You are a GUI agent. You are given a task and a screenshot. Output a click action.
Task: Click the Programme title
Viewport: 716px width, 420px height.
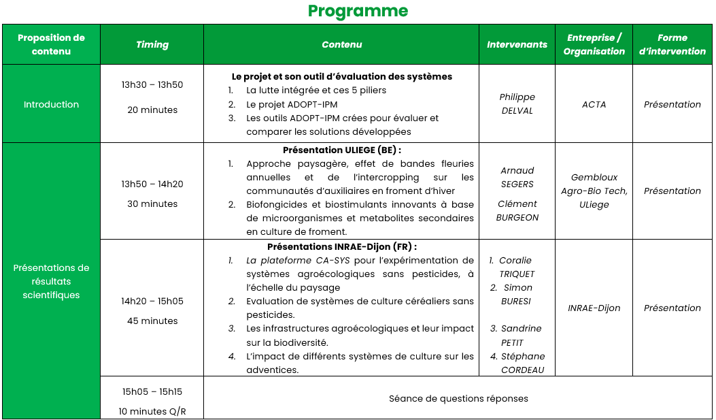pos(358,11)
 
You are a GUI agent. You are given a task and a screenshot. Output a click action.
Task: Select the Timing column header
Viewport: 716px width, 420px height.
pos(152,44)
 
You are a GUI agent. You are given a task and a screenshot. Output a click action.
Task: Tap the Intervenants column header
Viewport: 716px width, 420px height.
pos(517,44)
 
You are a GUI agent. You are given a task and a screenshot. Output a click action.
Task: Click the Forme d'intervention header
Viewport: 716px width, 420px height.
pos(672,44)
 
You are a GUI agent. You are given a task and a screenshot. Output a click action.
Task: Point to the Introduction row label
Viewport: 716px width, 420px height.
pos(51,104)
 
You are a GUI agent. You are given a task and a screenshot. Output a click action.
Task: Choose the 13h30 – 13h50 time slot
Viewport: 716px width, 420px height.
pos(152,85)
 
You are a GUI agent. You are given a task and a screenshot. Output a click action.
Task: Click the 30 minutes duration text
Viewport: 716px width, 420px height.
pos(152,204)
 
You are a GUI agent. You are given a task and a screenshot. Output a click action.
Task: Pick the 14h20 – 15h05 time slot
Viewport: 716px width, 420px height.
pos(152,301)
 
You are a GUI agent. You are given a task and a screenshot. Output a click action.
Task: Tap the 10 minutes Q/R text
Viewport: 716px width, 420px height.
pos(152,411)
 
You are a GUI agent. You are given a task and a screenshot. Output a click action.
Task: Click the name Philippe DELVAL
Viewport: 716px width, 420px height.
pos(517,104)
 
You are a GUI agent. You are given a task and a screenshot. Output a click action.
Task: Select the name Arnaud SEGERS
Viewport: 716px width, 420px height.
pos(517,177)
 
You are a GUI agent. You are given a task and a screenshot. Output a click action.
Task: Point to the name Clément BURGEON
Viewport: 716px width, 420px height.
pos(517,210)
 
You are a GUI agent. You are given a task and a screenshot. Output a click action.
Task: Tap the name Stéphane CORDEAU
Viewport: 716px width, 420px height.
pos(518,363)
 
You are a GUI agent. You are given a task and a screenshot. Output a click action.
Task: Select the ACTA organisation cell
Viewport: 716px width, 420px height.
pos(594,104)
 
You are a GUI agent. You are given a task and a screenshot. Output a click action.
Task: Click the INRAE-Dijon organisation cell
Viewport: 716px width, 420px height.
pos(594,308)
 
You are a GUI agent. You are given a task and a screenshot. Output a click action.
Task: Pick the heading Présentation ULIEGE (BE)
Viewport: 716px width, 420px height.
pos(341,150)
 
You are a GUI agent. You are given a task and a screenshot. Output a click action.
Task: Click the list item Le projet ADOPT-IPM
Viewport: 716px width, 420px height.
pos(292,104)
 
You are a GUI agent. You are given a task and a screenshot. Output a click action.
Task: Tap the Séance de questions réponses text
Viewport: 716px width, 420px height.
pos(458,398)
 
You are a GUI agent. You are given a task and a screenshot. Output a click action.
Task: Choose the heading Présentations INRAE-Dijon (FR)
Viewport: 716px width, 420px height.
pos(341,246)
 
